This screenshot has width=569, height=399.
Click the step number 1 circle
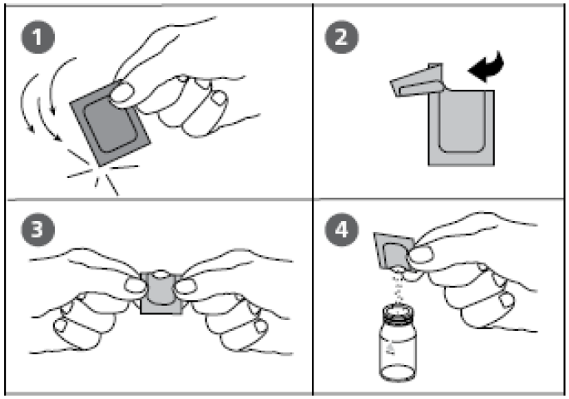(x=38, y=37)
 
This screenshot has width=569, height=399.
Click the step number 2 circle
(x=341, y=37)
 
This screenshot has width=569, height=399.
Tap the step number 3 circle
(x=38, y=229)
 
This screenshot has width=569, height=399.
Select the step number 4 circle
(x=341, y=229)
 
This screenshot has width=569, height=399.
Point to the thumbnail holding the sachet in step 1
(x=121, y=91)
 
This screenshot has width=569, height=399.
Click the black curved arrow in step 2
(x=487, y=67)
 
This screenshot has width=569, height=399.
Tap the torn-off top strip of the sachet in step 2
(x=418, y=81)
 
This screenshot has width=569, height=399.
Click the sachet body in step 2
(x=461, y=128)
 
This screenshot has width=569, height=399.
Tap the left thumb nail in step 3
(x=134, y=285)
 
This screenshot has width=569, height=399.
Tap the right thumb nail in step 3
(x=186, y=286)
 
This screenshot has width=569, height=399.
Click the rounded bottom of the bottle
(x=398, y=373)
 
